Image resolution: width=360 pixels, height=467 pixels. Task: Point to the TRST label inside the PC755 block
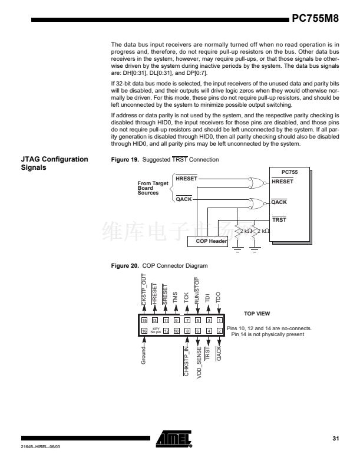(279, 220)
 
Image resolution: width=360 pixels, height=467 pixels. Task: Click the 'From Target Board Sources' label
(153, 188)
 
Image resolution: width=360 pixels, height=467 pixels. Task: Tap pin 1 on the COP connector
(219, 320)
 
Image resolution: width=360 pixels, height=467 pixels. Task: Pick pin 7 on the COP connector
(187, 320)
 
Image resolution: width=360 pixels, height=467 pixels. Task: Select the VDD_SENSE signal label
(198, 361)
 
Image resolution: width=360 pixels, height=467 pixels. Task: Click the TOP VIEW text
(257, 314)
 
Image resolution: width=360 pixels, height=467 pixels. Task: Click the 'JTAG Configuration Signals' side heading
(54, 163)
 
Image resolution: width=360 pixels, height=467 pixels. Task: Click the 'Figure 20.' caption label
(125, 266)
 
